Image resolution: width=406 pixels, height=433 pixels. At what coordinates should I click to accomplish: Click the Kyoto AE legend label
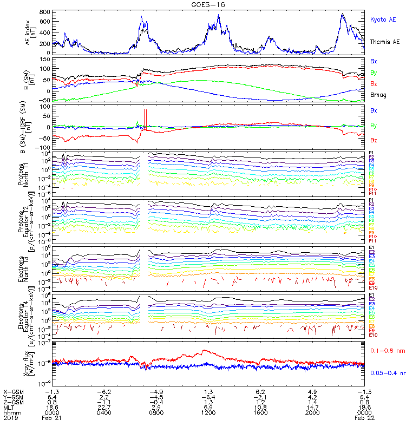[x=383, y=19]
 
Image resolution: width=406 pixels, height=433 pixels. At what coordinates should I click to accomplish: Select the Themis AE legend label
[x=384, y=42]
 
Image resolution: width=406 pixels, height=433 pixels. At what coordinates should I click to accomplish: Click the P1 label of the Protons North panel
[x=372, y=153]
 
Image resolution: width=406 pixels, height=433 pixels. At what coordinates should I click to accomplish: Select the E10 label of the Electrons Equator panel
[x=373, y=335]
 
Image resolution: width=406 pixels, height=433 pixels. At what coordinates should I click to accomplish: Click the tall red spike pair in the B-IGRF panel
[x=145, y=116]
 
